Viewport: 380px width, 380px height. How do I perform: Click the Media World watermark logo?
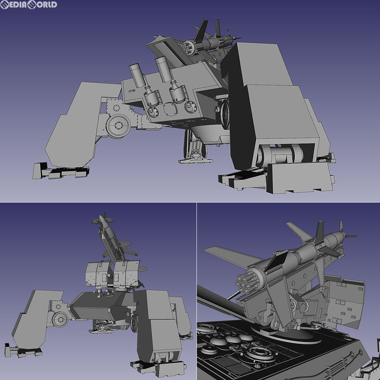[28, 5]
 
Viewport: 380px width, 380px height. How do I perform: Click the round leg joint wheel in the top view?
[118, 126]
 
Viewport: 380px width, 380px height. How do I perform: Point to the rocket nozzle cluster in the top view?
[186, 47]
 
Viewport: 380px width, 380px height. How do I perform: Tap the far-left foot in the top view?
[60, 171]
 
